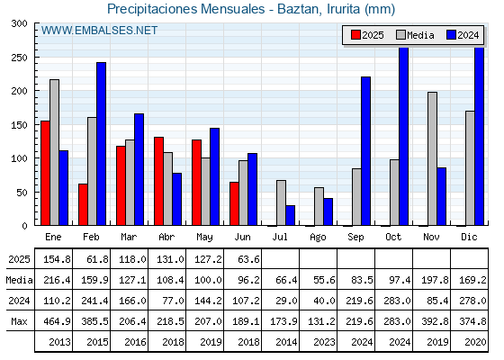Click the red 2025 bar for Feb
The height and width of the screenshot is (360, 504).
pos(83,204)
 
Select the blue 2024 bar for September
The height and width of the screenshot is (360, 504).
pos(365,151)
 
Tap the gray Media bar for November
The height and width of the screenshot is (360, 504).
pos(432,158)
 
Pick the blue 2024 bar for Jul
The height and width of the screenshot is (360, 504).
pos(290,215)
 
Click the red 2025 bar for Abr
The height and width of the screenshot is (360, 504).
pos(158,181)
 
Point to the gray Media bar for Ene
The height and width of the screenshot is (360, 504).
pos(54,152)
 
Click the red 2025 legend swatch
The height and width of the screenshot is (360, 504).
pos(355,35)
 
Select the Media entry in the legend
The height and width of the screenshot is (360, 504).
pos(415,35)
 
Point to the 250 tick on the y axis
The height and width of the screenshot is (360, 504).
pos(36,58)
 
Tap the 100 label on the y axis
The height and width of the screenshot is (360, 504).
pos(19,158)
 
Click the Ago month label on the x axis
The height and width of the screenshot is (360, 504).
pos(318,238)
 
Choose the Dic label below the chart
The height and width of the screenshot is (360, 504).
pos(469,237)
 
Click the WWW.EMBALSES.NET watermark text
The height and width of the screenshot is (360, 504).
pos(99,31)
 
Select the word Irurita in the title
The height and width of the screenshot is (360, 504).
pos(343,9)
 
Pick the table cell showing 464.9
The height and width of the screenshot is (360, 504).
pos(58,321)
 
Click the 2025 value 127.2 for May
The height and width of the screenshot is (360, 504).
pos(208,259)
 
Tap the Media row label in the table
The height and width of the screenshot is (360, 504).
pos(19,280)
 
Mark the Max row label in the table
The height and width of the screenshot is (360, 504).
pos(19,321)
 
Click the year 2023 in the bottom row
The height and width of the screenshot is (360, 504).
pos(324,342)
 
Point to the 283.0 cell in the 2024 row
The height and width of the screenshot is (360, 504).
pos(397,301)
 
